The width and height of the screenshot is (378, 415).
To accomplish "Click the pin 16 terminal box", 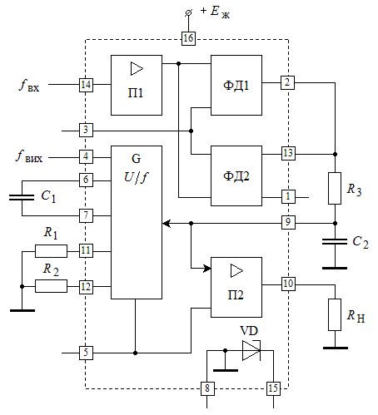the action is pos(188,38).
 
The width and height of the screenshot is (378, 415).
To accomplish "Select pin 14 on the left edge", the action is pos(86,85).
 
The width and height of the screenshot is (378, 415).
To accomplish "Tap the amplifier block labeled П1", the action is pos(137,85).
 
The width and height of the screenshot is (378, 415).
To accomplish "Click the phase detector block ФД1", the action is pos(236,85).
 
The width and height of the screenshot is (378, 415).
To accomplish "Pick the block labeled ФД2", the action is pos(236,175).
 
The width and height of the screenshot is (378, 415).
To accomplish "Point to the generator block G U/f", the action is pos(137,222).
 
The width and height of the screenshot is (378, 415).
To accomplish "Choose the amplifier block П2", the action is pos(236,287).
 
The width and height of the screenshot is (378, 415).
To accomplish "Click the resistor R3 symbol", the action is pos(335,189).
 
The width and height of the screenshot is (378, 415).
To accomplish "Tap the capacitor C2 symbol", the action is pos(335,242).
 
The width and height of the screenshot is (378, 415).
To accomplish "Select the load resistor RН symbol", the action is pos(335,314).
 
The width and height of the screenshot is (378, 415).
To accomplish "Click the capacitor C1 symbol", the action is pos(22,197).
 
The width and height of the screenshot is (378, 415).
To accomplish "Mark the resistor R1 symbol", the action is pos(51,251).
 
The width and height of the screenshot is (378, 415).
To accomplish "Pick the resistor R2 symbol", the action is pos(51,286).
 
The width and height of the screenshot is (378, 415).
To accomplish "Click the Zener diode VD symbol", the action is pos(251,350).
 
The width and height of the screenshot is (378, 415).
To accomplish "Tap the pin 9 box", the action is pos(288,222).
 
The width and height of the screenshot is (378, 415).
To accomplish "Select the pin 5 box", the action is pos(86,353).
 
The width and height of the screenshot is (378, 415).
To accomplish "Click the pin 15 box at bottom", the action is pos(273,388).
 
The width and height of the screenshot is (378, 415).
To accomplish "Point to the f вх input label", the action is pos(29,86).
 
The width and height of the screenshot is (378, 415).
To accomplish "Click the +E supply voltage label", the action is pos(215,12).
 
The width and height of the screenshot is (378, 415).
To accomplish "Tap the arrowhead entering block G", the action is pos(167,223).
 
